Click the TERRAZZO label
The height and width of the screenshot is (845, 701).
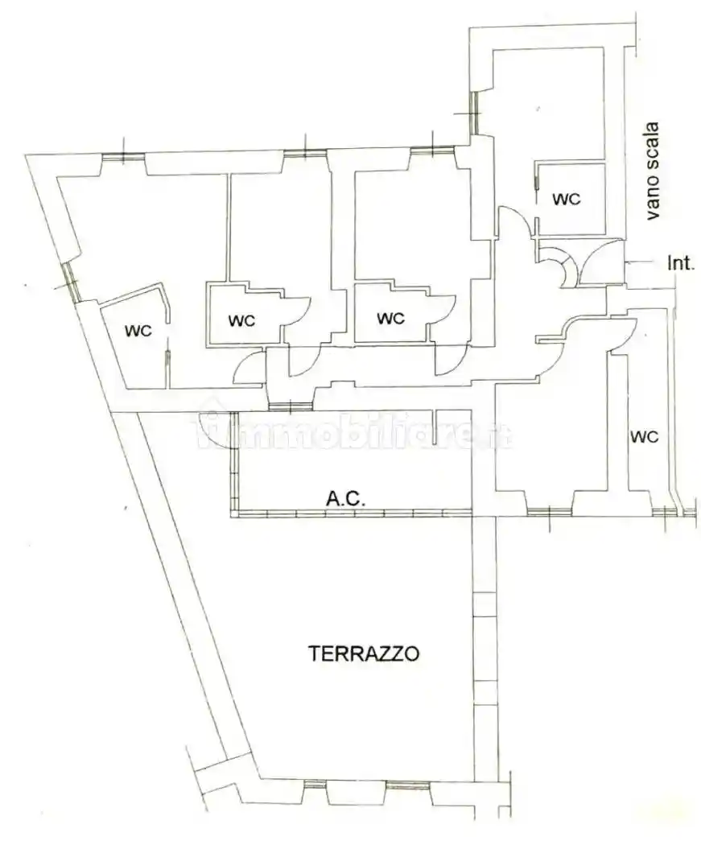pos(364,653)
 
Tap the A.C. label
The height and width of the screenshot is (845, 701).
pos(346,498)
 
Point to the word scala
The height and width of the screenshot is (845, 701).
pos(653,144)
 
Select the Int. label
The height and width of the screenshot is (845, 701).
pos(681,263)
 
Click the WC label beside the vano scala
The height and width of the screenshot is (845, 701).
pos(567,199)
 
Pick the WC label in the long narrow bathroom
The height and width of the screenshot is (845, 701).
pos(645,436)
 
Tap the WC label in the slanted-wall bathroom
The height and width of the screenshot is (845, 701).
pos(138,330)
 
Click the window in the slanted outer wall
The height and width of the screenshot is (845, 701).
pos(71,282)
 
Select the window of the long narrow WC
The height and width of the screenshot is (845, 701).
pos(663,513)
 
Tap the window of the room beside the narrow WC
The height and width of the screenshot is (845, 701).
pos(549,513)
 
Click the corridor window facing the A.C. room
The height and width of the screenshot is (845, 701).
pos(290,406)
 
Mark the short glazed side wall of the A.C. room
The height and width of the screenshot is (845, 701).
pos(234,461)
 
